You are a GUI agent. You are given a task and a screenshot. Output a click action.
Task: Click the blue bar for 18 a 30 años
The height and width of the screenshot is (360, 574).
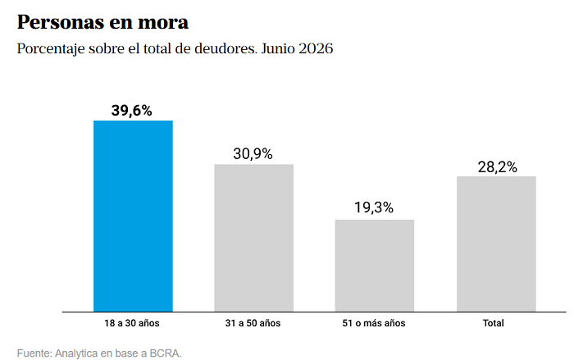133,216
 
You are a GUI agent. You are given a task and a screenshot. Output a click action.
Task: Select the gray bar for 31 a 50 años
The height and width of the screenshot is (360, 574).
253,238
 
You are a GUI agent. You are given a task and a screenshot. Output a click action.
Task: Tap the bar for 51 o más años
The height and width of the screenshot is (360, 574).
375,266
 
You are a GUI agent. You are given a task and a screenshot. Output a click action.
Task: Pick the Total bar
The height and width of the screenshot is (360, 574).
496,244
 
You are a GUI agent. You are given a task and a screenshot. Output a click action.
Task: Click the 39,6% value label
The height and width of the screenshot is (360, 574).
132,111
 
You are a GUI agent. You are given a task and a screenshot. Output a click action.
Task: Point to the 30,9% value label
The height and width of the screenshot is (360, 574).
253,154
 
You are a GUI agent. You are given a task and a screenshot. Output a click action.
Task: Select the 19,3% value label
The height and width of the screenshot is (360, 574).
374,207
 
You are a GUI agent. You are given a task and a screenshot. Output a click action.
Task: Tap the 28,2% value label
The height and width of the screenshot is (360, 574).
498,167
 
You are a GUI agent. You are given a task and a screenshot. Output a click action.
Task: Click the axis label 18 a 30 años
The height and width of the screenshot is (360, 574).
132,323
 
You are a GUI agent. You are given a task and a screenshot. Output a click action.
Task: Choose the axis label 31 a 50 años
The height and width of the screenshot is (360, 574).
253,323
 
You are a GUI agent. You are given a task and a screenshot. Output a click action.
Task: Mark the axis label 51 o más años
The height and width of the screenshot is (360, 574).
374,323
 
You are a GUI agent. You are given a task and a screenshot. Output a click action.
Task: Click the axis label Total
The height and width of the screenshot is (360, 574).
493,323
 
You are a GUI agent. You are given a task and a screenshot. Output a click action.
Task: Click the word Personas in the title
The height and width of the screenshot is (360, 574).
61,22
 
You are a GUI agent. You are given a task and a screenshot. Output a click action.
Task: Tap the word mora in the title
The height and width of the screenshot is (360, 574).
163,23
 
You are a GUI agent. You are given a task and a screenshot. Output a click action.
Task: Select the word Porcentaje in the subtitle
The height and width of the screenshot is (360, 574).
51,48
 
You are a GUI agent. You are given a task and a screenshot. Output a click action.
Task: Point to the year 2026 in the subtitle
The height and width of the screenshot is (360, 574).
316,48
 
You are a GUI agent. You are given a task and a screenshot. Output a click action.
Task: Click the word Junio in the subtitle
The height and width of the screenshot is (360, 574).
278,48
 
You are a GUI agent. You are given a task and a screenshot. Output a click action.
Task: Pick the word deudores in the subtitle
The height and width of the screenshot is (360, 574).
225,48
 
